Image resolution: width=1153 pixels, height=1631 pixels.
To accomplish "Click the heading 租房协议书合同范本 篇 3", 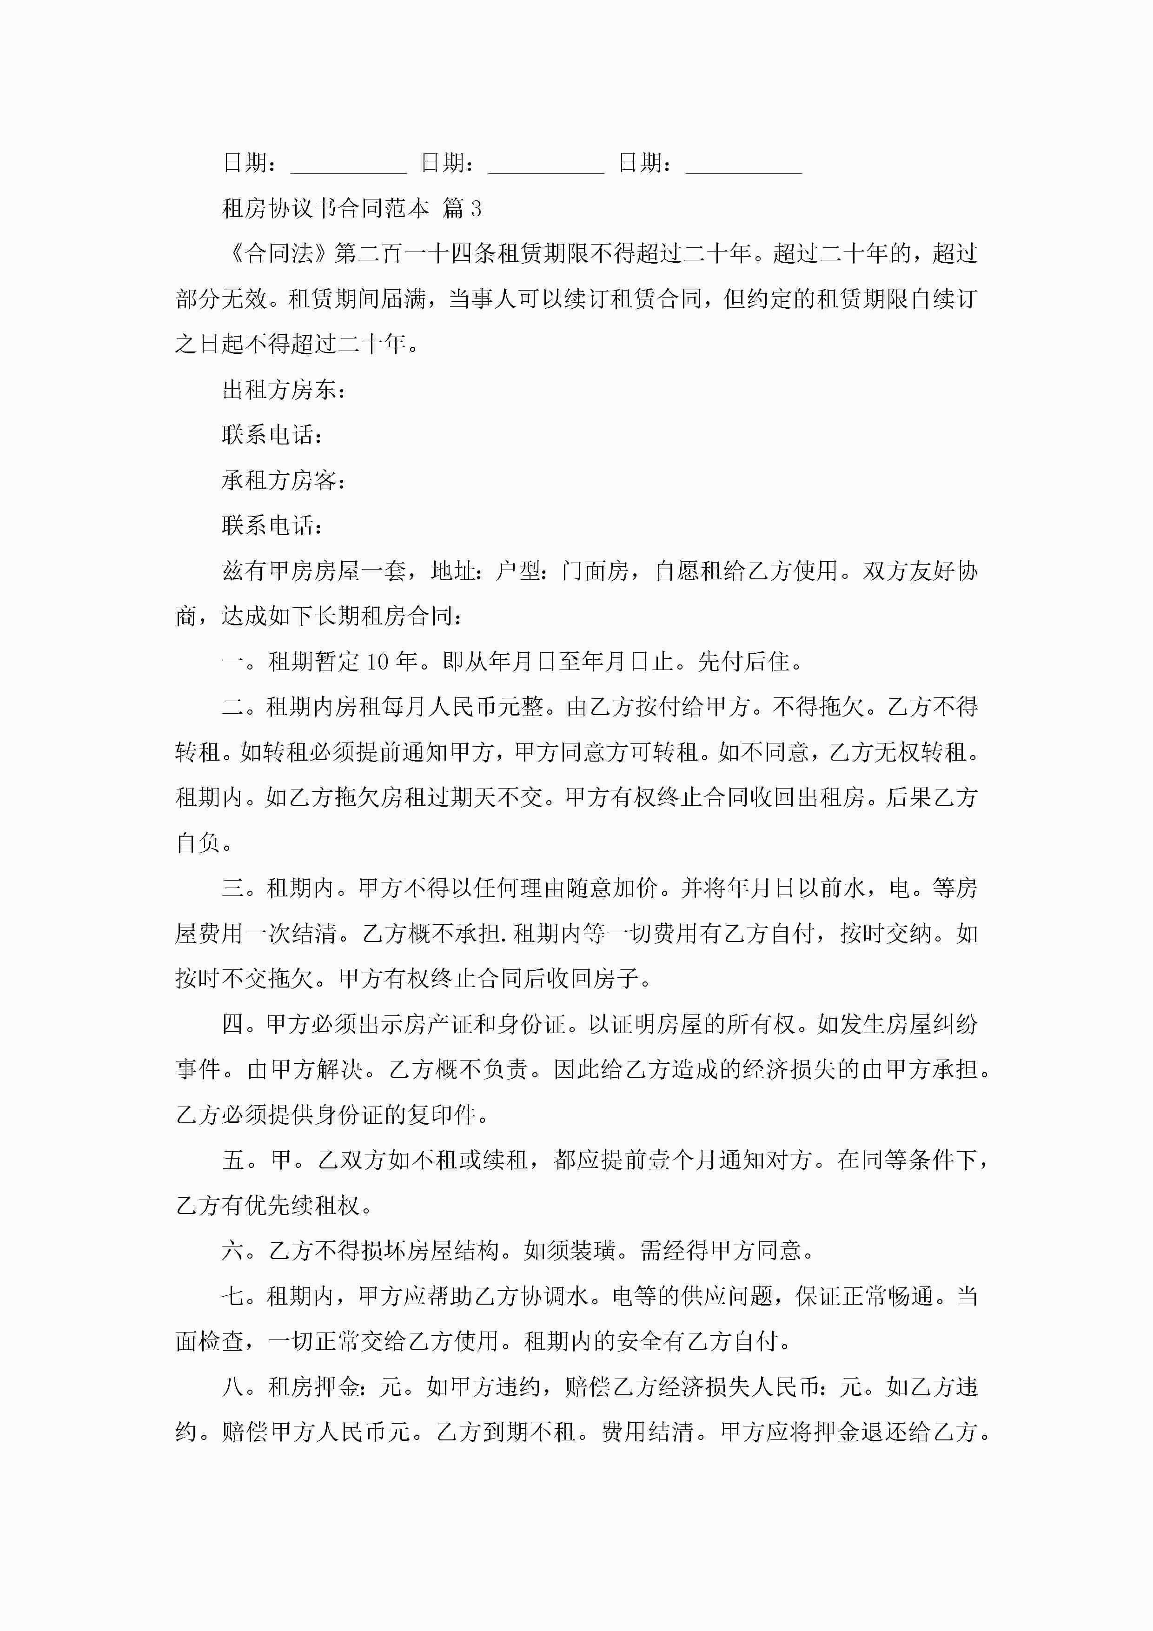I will [x=351, y=208].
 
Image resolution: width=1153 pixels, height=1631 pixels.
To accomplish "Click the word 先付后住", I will [x=744, y=662].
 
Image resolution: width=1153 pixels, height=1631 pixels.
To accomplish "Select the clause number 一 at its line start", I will [x=233, y=662].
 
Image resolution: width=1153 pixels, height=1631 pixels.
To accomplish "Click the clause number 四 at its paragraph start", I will [x=233, y=1024].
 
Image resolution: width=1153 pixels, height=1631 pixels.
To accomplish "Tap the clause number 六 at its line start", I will [x=233, y=1251].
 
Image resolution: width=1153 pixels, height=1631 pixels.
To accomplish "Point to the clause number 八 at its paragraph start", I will [x=233, y=1387].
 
